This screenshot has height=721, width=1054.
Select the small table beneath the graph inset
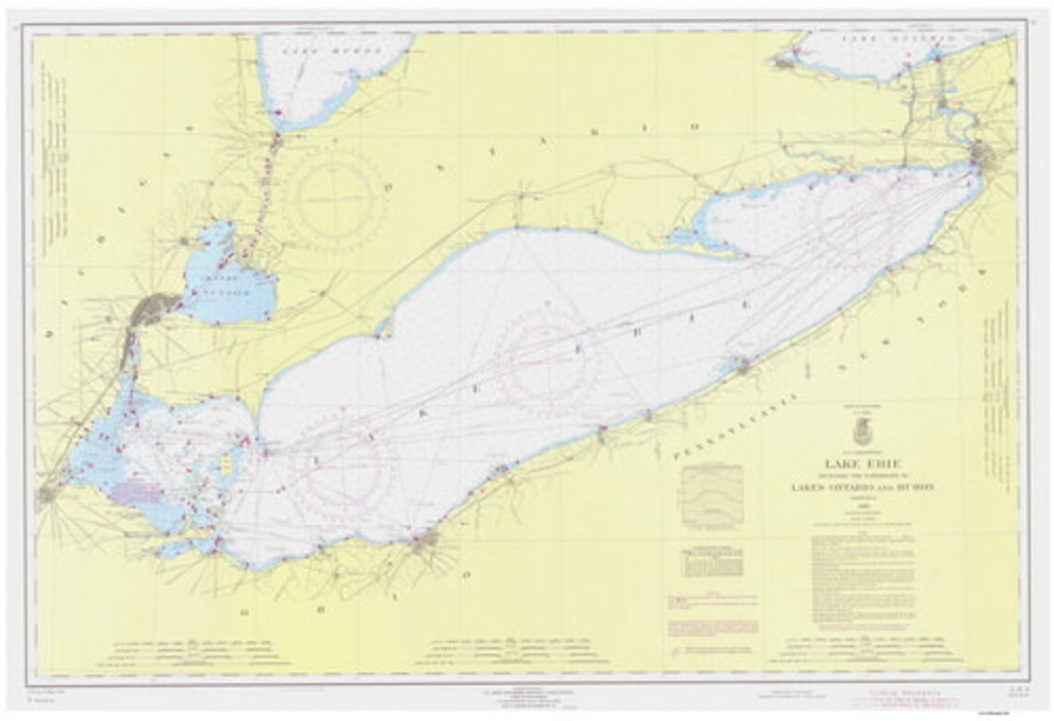pos(711,563)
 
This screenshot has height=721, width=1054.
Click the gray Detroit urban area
pos(153,310)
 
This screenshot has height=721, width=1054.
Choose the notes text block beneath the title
pos(869,573)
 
